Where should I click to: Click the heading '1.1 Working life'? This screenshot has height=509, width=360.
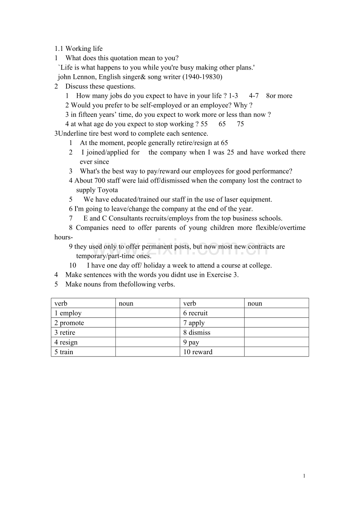coord(78,49)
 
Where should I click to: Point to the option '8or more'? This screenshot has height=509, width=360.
coord(279,96)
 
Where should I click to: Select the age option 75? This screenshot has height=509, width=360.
coord(240,124)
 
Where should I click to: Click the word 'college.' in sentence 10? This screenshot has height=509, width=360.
coord(260,265)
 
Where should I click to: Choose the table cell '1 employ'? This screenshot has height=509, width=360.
coord(68,313)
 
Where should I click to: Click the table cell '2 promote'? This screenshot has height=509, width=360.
coord(69,323)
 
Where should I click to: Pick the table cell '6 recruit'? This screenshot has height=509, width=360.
coord(196,313)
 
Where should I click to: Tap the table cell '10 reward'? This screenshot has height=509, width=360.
coord(198,352)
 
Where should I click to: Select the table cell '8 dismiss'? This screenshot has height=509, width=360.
coord(197,333)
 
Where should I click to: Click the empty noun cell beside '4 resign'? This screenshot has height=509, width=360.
coord(148,342)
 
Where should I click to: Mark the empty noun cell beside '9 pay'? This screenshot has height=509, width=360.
coord(276,342)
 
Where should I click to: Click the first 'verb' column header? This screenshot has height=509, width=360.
coord(61,303)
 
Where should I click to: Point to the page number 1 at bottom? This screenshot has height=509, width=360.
coord(304,476)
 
